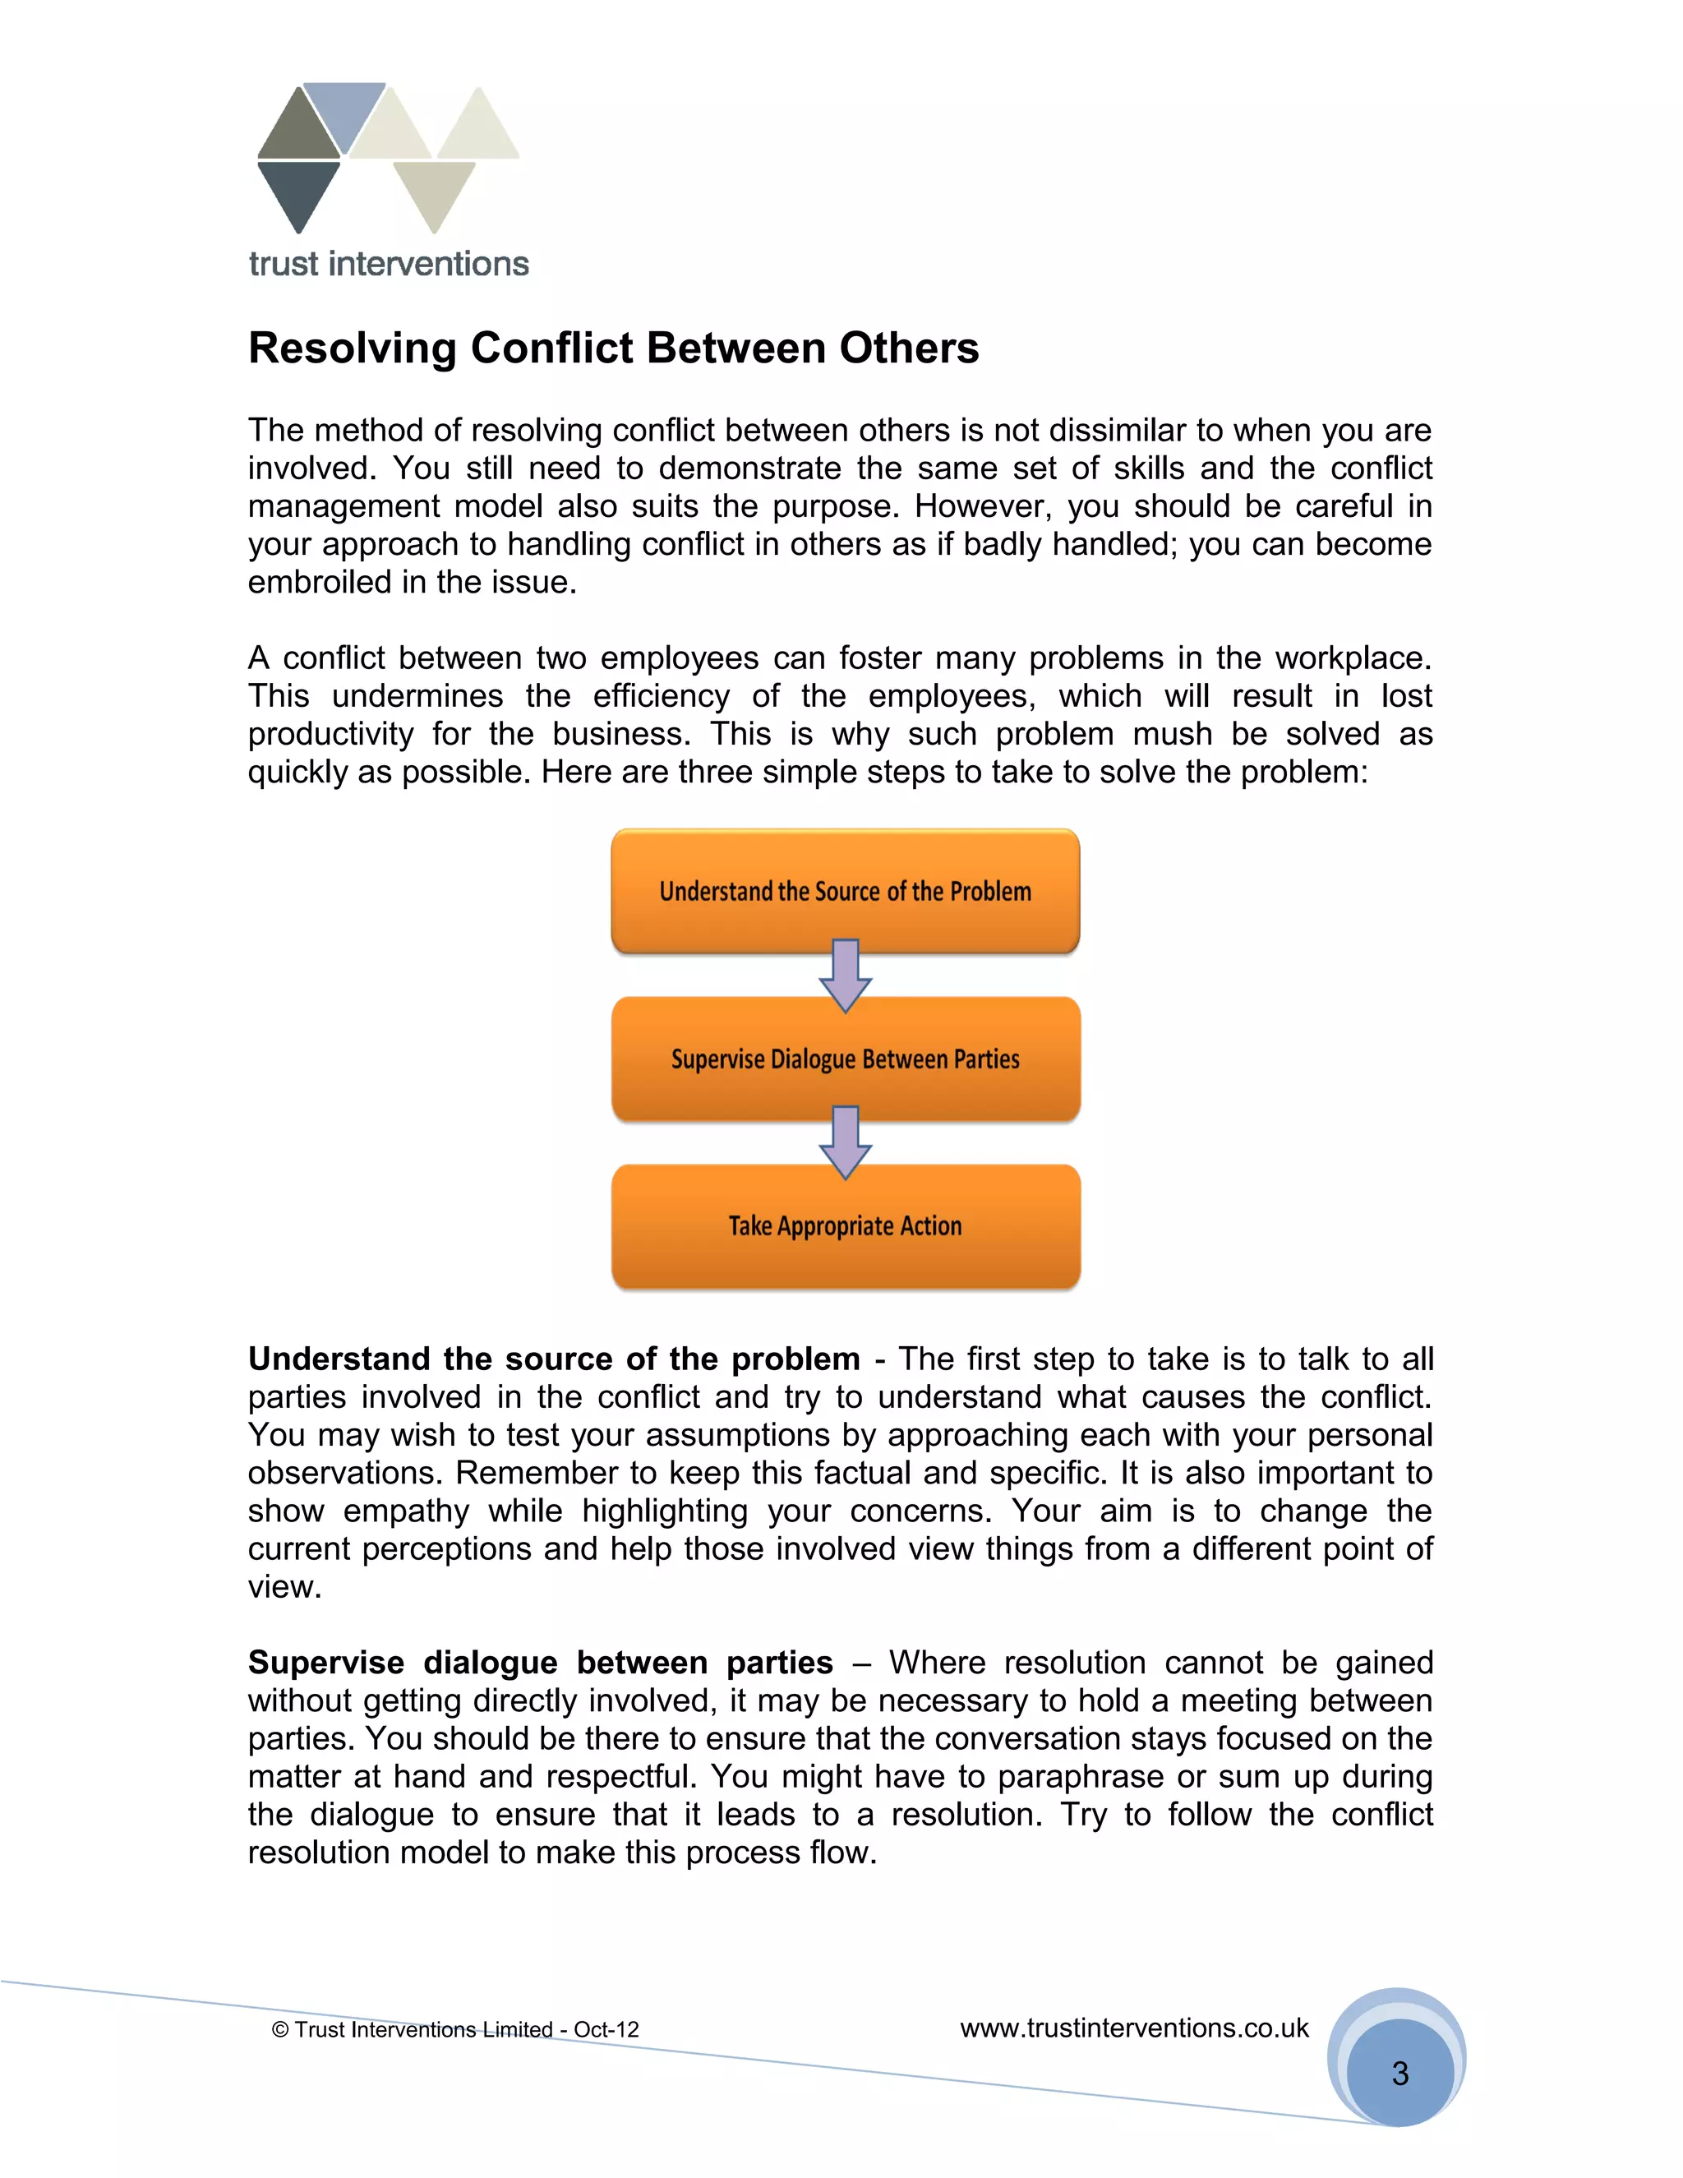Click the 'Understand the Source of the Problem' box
845,891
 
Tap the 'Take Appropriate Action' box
845,1225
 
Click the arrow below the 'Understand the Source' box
845,976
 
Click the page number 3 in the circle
1399,2074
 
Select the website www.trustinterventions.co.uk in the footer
1133,2028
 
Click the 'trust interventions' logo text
389,265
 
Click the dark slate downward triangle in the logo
298,191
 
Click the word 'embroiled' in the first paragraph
319,583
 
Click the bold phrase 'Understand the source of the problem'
553,1359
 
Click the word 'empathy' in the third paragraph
406,1511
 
